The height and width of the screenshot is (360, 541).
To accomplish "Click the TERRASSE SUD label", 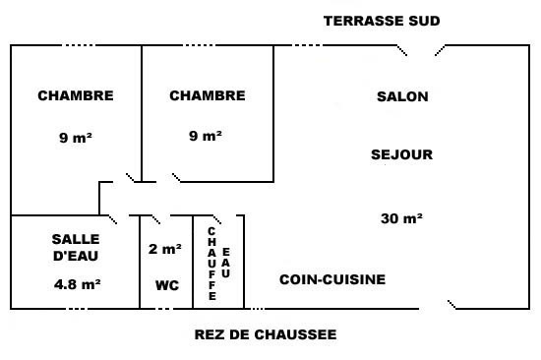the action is pyautogui.click(x=382, y=21).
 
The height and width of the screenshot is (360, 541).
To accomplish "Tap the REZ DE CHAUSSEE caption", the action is pyautogui.click(x=266, y=334).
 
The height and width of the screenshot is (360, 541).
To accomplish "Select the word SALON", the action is pyautogui.click(x=402, y=96).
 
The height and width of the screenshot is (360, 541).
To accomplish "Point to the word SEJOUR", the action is pyautogui.click(x=401, y=154).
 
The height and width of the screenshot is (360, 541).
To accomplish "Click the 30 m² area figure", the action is pyautogui.click(x=401, y=218).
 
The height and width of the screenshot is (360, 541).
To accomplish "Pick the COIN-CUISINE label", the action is pyautogui.click(x=332, y=279).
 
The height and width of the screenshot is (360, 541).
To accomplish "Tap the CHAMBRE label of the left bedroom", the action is pyautogui.click(x=76, y=95).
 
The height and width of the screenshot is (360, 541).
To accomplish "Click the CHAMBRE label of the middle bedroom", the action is pyautogui.click(x=208, y=95).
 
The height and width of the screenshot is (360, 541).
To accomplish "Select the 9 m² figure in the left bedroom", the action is pyautogui.click(x=76, y=138).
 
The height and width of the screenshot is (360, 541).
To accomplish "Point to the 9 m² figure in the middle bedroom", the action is pyautogui.click(x=206, y=136).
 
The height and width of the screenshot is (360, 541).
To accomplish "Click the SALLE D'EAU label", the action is pyautogui.click(x=76, y=248).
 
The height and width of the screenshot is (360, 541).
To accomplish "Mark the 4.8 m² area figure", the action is pyautogui.click(x=78, y=284).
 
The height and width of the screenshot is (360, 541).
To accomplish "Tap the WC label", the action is pyautogui.click(x=167, y=285).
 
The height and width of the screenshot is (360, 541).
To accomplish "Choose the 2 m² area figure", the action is pyautogui.click(x=165, y=249).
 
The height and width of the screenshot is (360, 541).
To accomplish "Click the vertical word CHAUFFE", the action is pyautogui.click(x=211, y=264).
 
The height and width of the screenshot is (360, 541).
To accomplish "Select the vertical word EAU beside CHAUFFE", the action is pyautogui.click(x=225, y=263).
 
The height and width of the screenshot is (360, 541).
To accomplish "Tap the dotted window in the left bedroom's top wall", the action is pyautogui.click(x=79, y=45).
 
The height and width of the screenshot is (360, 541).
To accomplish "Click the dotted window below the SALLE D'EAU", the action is pyautogui.click(x=77, y=309).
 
